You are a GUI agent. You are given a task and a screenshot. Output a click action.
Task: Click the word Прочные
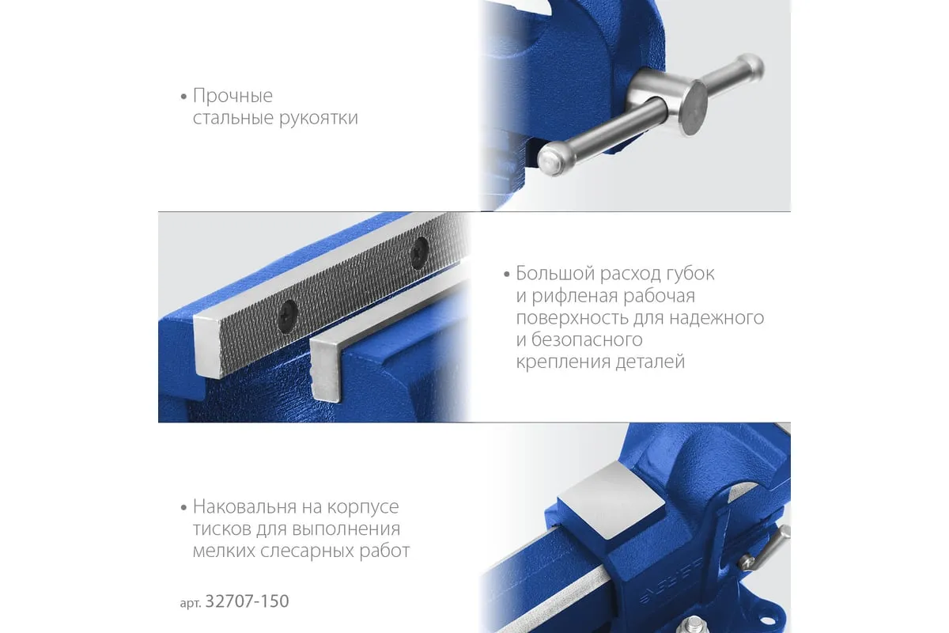(x=233, y=96)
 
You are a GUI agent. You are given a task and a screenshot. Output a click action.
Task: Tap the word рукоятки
(x=319, y=118)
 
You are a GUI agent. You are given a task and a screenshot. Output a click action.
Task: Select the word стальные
(x=233, y=117)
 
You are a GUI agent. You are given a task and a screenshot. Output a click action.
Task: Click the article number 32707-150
(x=247, y=601)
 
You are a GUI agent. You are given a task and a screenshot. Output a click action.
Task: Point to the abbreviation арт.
(x=191, y=603)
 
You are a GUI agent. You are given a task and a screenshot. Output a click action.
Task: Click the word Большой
(x=555, y=274)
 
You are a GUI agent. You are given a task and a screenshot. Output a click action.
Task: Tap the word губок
(x=690, y=274)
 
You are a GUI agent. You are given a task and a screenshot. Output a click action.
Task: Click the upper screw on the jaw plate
(x=420, y=252)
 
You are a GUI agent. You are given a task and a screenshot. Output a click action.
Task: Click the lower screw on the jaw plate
(x=288, y=316)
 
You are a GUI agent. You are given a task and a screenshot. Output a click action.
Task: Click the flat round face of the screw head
(x=693, y=108)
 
